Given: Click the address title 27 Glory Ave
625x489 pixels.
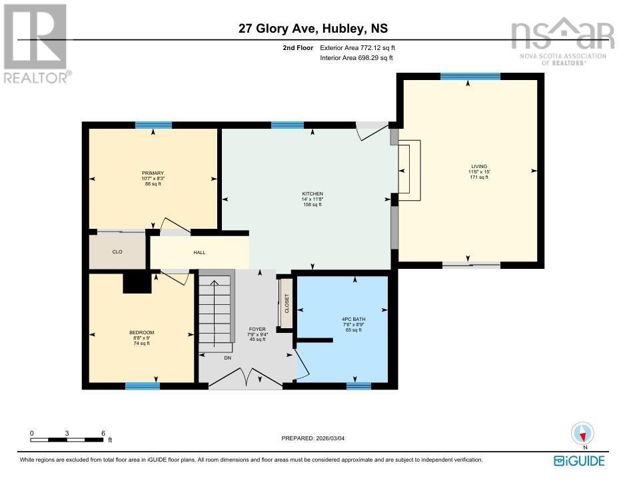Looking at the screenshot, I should tap(312, 29).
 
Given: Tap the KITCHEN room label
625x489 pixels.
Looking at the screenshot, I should tap(312, 194).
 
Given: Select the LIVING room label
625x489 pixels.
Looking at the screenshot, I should tap(478, 166).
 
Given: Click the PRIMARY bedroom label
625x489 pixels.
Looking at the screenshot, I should tap(153, 173).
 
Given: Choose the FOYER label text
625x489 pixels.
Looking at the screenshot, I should tap(257, 329).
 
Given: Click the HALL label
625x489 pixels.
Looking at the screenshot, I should tap(199, 253).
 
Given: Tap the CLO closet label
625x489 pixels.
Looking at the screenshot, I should tap(117, 252).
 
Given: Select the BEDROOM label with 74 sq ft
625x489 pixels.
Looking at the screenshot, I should tap(141, 333).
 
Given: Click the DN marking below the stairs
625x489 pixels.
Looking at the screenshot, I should tap(227, 358).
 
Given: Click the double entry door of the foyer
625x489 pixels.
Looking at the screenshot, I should tap(246, 378).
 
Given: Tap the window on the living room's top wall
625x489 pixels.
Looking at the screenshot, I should tap(470, 76).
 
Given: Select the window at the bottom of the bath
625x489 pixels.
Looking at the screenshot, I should tap(358, 385).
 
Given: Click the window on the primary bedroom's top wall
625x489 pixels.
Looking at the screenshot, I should tap(153, 125).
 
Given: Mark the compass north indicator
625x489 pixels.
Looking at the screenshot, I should tap(583, 434).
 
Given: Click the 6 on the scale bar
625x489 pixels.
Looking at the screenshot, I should tap(103, 432).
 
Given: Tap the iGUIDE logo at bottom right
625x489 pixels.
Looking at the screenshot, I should tap(579, 460).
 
